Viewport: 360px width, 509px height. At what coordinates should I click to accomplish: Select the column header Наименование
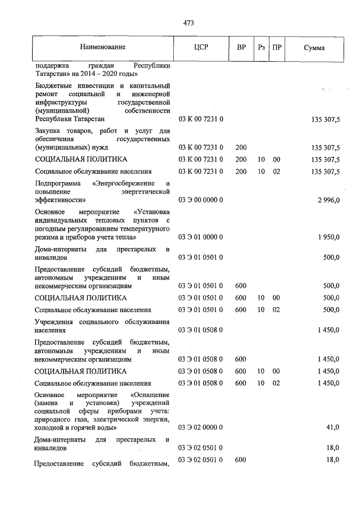point(102,48)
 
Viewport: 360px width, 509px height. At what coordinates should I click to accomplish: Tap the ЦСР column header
point(201,48)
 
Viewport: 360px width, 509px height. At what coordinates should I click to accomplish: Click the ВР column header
point(241,48)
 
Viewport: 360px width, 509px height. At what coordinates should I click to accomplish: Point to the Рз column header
point(261,48)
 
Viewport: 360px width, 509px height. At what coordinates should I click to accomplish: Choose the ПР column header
point(276,48)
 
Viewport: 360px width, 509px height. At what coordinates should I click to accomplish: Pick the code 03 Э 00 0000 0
point(201,200)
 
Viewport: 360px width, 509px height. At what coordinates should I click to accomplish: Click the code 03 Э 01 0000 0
point(201,237)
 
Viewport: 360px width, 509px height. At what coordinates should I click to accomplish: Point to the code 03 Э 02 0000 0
point(201,427)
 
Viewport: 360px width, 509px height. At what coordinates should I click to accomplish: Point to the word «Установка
point(152,212)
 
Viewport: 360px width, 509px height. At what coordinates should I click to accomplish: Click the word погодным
point(49,229)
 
